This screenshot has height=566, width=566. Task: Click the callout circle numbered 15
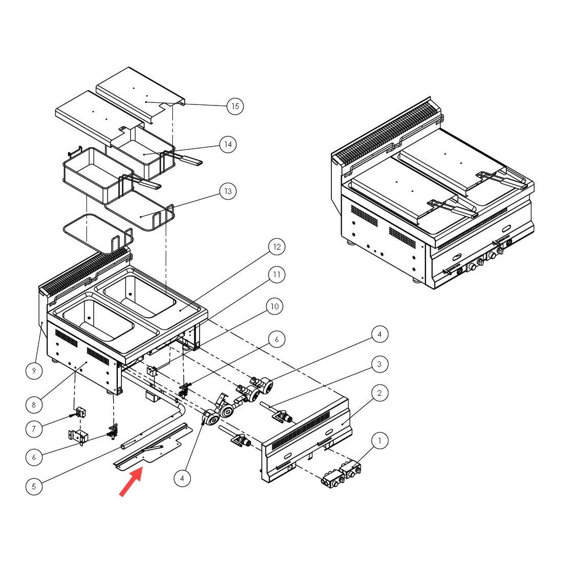click(235, 107)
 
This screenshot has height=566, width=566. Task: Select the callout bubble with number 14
click(228, 145)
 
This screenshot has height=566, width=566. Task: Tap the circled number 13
click(227, 191)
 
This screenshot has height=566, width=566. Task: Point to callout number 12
click(277, 247)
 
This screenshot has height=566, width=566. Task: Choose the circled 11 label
click(277, 275)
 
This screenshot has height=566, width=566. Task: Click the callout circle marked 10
click(274, 307)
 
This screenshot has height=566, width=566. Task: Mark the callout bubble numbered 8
click(34, 404)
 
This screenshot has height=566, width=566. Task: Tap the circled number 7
click(34, 428)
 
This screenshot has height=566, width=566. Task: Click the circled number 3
click(380, 364)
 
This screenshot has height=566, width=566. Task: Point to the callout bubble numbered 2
click(380, 394)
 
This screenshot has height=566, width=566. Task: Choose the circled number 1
click(380, 441)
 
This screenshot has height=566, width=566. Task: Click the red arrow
click(131, 484)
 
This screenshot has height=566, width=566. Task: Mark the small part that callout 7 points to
click(80, 412)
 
